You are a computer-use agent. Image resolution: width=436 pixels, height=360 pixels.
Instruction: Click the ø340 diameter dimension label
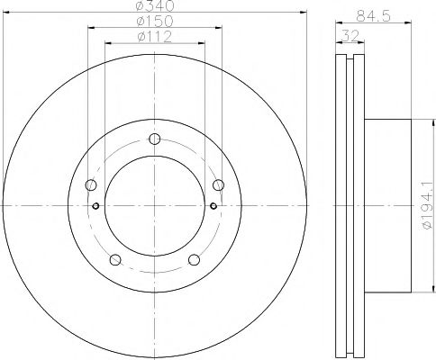click(157, 6)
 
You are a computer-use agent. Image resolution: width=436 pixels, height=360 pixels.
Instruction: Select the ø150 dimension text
click(157, 21)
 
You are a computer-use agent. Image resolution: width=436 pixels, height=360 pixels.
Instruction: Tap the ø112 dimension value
click(157, 36)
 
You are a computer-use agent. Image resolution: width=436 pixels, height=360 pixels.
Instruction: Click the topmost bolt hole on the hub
click(155, 139)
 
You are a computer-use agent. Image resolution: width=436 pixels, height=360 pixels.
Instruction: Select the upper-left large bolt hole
click(91, 185)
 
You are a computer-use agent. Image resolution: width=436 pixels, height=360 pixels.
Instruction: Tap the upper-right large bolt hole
click(218, 185)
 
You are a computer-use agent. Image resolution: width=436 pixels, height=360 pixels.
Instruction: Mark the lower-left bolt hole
click(115, 260)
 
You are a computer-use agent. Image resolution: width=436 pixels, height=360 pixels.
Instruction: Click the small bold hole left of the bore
click(95, 205)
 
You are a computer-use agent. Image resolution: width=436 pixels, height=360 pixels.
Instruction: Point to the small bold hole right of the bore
click(213, 205)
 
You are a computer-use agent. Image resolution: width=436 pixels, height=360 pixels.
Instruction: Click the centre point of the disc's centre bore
click(155, 206)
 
